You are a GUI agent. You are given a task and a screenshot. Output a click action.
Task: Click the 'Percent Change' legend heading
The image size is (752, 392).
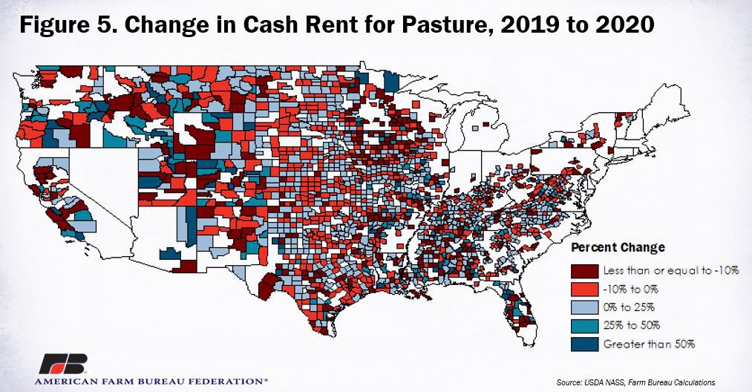coord(618,247)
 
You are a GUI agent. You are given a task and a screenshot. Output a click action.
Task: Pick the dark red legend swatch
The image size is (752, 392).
coord(583,269)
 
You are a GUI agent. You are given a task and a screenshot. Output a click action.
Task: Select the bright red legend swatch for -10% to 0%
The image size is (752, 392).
coord(583,288)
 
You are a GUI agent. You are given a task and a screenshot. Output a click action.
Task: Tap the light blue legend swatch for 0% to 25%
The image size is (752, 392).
coord(583,307)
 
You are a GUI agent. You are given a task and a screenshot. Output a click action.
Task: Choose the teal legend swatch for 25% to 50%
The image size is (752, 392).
coord(583,325)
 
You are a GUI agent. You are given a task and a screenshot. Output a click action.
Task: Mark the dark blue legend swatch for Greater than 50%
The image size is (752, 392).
coord(583,344)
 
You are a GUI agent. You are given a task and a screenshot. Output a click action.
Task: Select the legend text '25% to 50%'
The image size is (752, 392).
coord(632,325)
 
